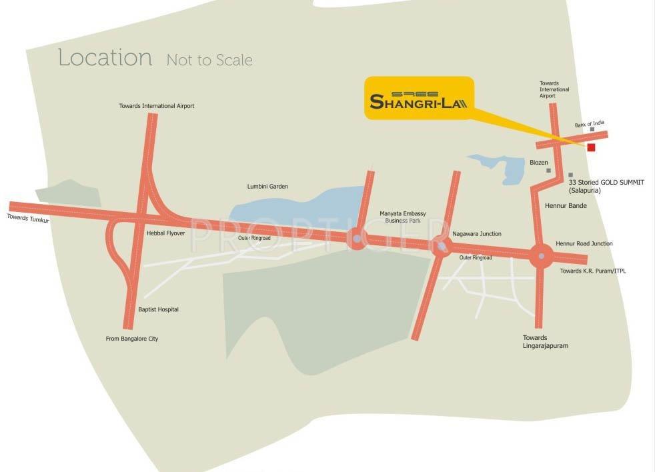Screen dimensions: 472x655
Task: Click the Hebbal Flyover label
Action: [165, 233]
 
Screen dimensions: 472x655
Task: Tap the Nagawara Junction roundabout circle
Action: [441, 246]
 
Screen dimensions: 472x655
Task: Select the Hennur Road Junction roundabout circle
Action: [541, 255]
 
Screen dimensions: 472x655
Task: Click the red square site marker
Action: [591, 147]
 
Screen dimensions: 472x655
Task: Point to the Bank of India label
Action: [590, 125]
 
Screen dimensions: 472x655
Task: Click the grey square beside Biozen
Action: [549, 171]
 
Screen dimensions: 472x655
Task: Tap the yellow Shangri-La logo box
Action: [419, 98]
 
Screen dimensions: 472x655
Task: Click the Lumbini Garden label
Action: [267, 187]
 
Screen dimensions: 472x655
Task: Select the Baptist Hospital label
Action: [158, 309]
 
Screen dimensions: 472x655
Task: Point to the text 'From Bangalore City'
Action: [132, 339]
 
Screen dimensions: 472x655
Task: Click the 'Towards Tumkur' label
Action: [28, 218]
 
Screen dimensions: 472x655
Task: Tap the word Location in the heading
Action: [105, 57]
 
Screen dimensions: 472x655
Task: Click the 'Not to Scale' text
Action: [209, 60]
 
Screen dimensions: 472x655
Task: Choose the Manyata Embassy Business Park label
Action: [403, 217]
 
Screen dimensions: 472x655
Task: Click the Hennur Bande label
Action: [566, 206]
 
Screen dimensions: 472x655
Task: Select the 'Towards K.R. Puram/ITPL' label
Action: [593, 271]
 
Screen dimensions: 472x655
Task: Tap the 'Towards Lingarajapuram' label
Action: [546, 342]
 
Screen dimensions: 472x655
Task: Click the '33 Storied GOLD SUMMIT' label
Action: [606, 182]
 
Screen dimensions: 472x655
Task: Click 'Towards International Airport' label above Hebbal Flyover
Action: [157, 106]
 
